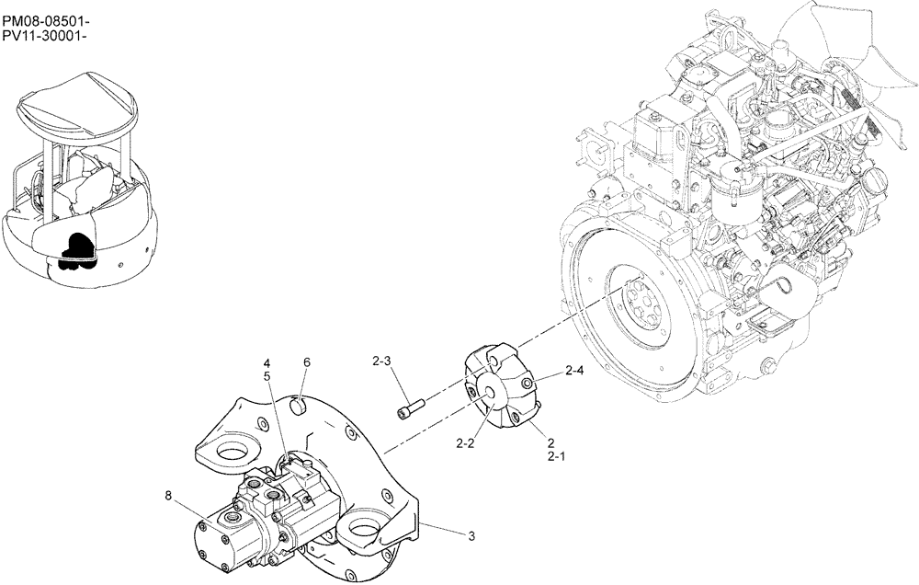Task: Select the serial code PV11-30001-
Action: tap(47, 36)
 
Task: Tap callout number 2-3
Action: tap(382, 361)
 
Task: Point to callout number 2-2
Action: tap(464, 443)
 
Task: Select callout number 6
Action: tap(307, 363)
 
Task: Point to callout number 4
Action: tap(267, 362)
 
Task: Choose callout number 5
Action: tap(267, 376)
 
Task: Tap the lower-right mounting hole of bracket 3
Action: tap(362, 534)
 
